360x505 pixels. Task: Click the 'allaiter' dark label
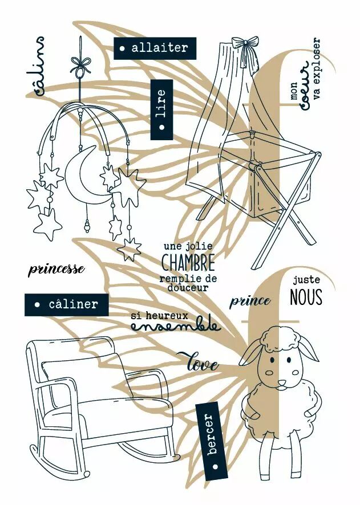pos(155,48)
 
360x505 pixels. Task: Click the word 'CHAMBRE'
pos(188,263)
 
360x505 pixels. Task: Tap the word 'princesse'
pos(56,269)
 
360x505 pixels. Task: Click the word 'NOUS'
pos(306,298)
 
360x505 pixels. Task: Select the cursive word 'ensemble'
pos(175,326)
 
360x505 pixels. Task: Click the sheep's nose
pos(281,382)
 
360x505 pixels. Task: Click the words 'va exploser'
pos(317,69)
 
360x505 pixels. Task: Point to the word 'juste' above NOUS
pos(306,280)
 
